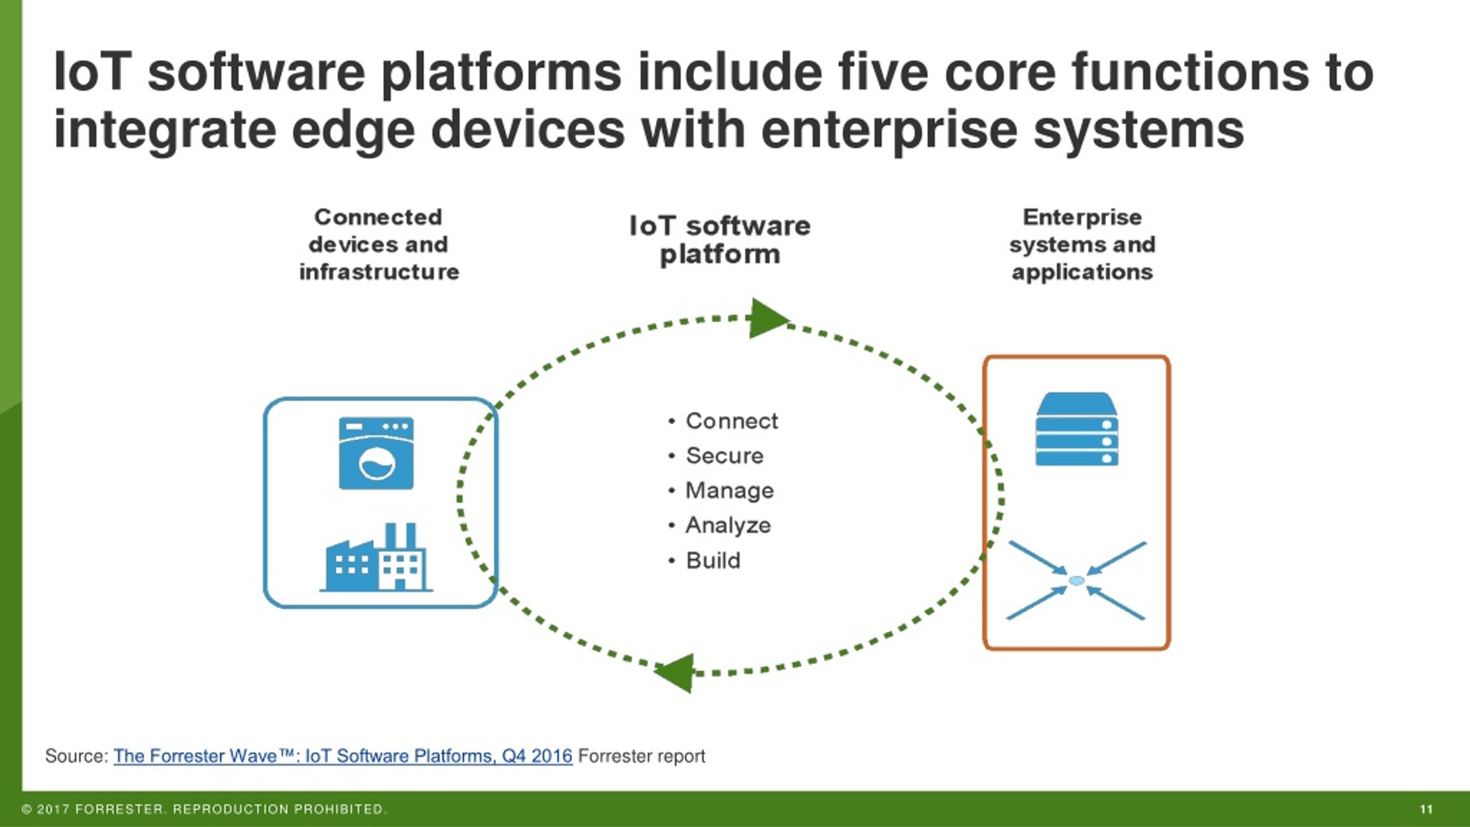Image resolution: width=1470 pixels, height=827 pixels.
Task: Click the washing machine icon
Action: click(376, 453)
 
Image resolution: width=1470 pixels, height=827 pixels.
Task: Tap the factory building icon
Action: click(376, 557)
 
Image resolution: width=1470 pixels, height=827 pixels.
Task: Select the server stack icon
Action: click(1077, 429)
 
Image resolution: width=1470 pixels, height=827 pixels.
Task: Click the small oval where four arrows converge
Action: click(1077, 581)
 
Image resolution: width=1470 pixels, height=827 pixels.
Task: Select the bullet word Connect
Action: click(732, 421)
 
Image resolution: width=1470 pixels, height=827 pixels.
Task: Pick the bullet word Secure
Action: click(725, 455)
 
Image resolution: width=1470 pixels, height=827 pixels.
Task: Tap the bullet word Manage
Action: click(730, 491)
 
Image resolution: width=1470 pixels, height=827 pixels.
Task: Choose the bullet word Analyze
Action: click(728, 525)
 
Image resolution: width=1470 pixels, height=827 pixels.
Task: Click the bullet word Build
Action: click(713, 560)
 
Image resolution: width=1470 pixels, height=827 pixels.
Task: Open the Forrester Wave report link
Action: click(343, 756)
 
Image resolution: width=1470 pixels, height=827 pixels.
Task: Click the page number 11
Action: click(1426, 809)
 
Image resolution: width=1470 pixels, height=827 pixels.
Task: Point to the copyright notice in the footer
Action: click(204, 809)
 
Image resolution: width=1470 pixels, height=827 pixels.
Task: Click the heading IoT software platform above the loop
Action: click(720, 240)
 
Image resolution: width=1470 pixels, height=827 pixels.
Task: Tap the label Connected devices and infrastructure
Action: click(379, 245)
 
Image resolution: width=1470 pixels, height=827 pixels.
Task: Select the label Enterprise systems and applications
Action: click(1082, 245)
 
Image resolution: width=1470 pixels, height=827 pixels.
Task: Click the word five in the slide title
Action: click(883, 72)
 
